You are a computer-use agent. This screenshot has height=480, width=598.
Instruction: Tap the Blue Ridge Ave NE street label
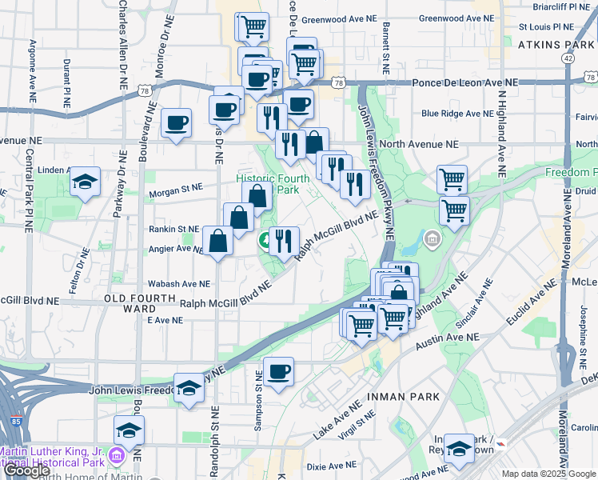click(458, 114)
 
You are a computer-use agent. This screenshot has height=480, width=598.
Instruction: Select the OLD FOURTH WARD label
click(141, 298)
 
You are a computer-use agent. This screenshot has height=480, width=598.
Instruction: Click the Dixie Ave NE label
click(331, 465)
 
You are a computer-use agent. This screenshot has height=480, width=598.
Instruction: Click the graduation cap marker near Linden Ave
click(85, 182)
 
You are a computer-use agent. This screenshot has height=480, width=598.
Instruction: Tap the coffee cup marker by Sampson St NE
click(278, 372)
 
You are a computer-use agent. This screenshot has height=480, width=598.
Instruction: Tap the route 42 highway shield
click(568, 58)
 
